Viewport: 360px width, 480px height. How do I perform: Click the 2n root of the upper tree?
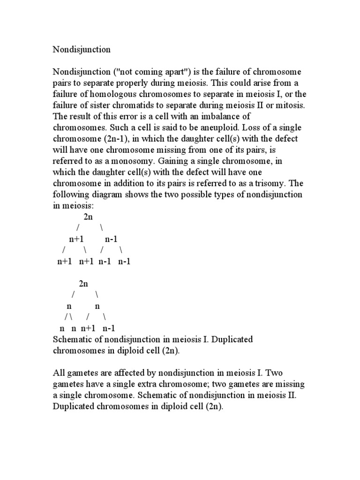pyautogui.click(x=88, y=217)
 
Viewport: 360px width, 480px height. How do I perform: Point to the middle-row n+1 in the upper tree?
pyautogui.click(x=76, y=239)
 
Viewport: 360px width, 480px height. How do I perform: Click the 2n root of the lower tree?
pyautogui.click(x=83, y=284)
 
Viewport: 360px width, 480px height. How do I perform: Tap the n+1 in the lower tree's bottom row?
pyautogui.click(x=89, y=328)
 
